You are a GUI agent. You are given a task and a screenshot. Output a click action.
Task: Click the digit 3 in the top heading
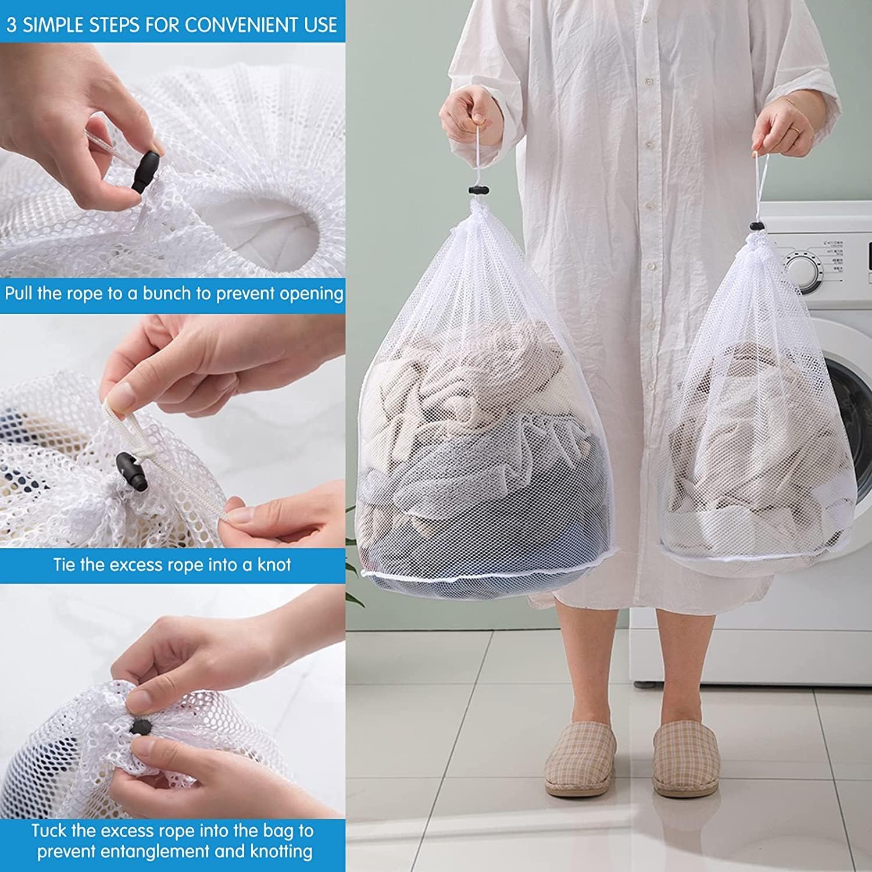(11, 24)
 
